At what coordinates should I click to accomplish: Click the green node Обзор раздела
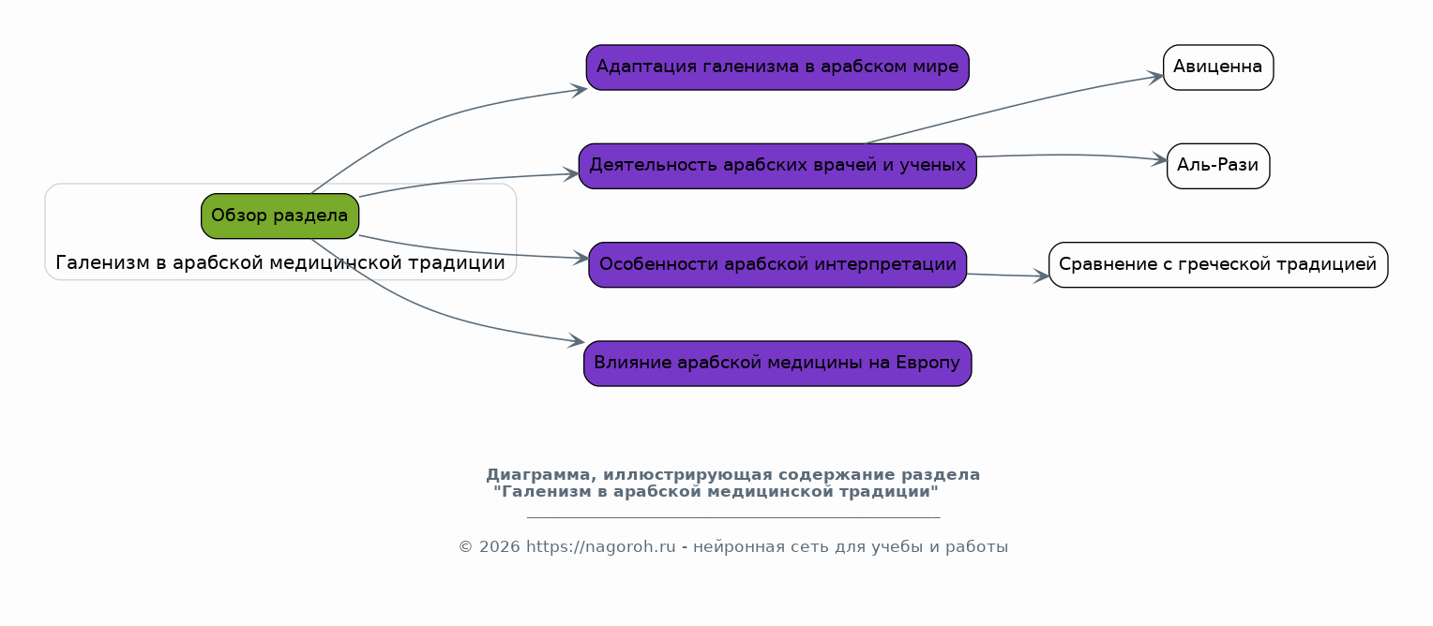pos(279,216)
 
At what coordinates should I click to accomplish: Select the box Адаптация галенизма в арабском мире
pos(777,67)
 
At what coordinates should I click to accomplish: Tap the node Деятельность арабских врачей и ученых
pos(777,166)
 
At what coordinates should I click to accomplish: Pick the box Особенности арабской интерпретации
pos(777,264)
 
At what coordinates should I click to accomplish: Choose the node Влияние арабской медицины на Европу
pos(777,364)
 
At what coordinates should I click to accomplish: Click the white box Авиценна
pos(1217,67)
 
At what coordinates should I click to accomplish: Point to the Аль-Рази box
pos(1217,166)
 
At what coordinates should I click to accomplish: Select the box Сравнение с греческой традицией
pos(1217,264)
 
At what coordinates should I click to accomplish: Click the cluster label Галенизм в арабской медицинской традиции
pos(280,263)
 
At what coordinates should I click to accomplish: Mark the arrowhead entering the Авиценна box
pos(1157,77)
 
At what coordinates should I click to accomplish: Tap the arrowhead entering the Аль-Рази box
pos(1161,160)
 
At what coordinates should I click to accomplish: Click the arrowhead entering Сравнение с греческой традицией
pos(1043,276)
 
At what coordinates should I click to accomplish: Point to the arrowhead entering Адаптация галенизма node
pos(581,89)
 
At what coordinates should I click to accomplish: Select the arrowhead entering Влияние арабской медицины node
pos(578,343)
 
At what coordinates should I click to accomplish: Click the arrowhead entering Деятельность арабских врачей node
pos(572,174)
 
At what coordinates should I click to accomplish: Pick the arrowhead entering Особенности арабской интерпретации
pos(582,258)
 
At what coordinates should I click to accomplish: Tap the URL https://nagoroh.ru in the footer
pos(600,547)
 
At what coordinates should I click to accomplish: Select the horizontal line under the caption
pos(732,516)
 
